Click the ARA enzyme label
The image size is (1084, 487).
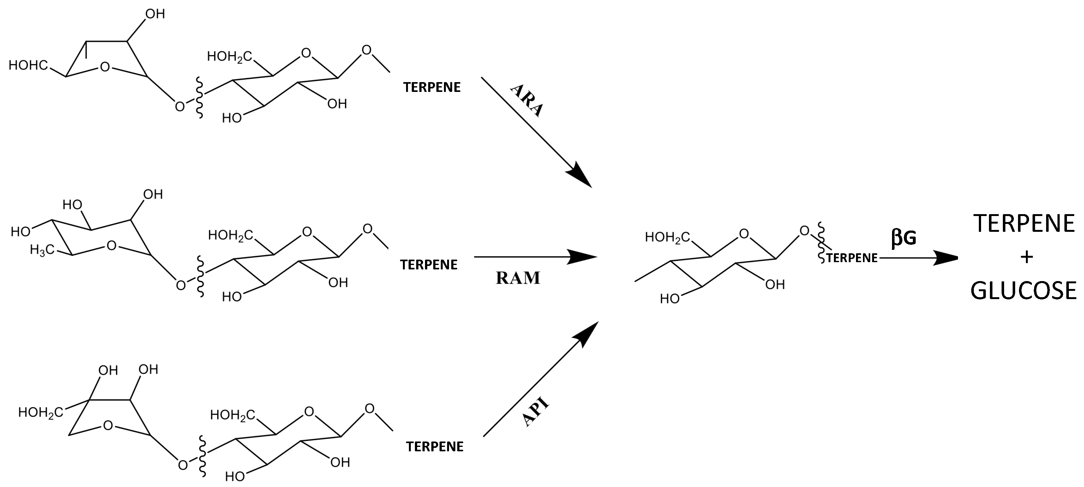pos(527,100)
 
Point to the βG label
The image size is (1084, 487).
pos(903,238)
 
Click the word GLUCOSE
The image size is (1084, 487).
pos(1023,291)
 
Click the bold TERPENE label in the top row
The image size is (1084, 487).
pos(432,87)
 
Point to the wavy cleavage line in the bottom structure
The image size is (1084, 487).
pos(202,456)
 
